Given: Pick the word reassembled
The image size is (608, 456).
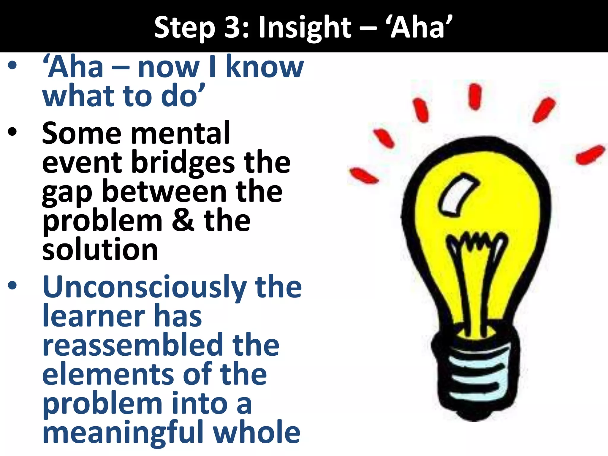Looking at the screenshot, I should (x=132, y=345).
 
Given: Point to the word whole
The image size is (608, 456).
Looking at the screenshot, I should (x=257, y=432).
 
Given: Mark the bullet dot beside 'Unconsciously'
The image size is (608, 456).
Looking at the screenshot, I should (x=12, y=285).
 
